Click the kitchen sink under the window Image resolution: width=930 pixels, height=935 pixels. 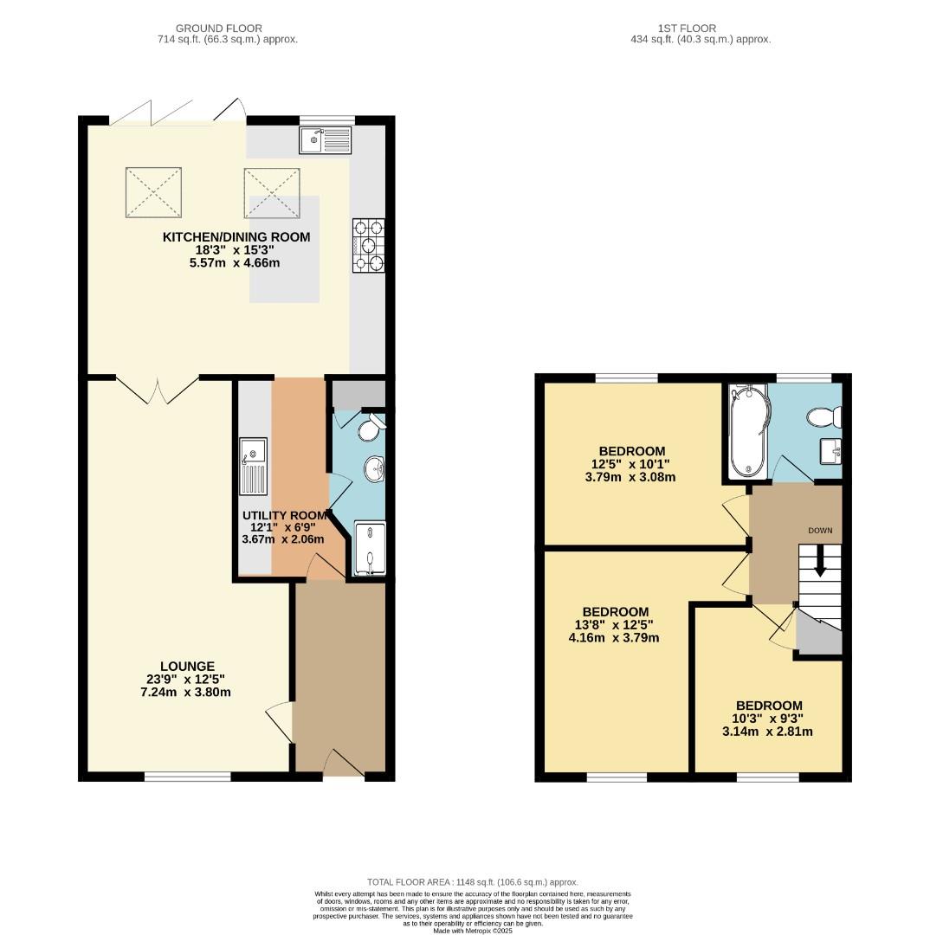coord(326,139)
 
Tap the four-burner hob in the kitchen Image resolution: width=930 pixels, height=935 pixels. coord(369,246)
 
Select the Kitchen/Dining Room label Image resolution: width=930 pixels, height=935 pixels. coord(236,237)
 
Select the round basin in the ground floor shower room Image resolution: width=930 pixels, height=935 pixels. coord(375,469)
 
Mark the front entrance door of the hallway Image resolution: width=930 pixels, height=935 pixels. coord(344,764)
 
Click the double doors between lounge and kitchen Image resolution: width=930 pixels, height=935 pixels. coord(158,390)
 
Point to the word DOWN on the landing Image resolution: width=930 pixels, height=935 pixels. coord(820,530)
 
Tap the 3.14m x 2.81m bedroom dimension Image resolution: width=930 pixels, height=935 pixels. coord(769,732)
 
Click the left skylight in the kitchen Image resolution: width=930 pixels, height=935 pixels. coord(156,193)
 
